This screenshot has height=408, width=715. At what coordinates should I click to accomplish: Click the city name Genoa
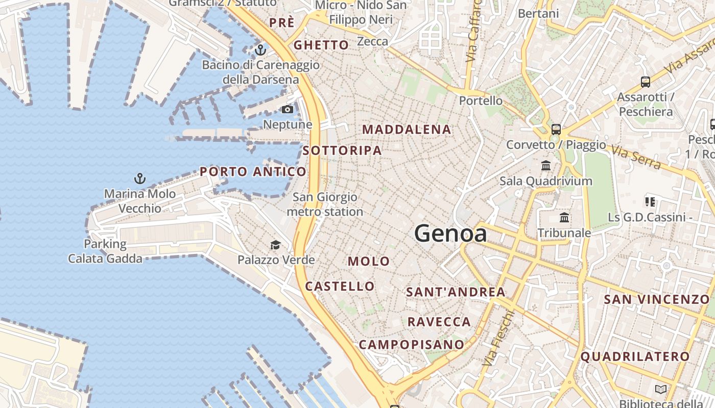[450, 234]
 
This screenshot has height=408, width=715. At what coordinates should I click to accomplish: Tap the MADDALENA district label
[407, 130]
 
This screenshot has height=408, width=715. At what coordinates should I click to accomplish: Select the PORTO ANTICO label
[253, 172]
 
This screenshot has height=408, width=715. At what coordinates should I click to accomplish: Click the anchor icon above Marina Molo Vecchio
[139, 178]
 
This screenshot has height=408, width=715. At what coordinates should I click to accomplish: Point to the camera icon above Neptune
[288, 109]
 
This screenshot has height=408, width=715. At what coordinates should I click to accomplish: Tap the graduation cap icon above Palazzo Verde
[275, 245]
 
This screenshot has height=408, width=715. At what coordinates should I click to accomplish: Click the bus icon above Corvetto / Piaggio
[556, 129]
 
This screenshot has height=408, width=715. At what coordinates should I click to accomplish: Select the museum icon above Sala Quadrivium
[546, 166]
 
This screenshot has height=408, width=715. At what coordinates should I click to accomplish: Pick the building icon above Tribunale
[564, 218]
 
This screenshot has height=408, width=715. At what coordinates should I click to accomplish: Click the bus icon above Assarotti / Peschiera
[646, 82]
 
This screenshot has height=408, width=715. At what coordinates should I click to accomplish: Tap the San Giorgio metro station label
[325, 204]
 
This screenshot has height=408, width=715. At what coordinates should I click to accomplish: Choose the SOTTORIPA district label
[342, 150]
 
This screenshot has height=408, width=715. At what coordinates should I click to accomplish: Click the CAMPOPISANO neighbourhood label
[411, 345]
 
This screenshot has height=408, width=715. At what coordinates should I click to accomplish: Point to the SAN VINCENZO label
[657, 299]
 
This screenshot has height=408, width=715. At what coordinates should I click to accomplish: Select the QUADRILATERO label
[635, 356]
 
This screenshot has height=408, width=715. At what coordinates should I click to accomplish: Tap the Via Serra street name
[636, 158]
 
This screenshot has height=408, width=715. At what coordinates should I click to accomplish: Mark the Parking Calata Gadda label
[105, 251]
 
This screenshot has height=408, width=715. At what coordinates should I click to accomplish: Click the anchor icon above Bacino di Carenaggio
[260, 50]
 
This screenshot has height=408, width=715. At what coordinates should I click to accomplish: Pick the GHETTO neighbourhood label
[321, 45]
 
